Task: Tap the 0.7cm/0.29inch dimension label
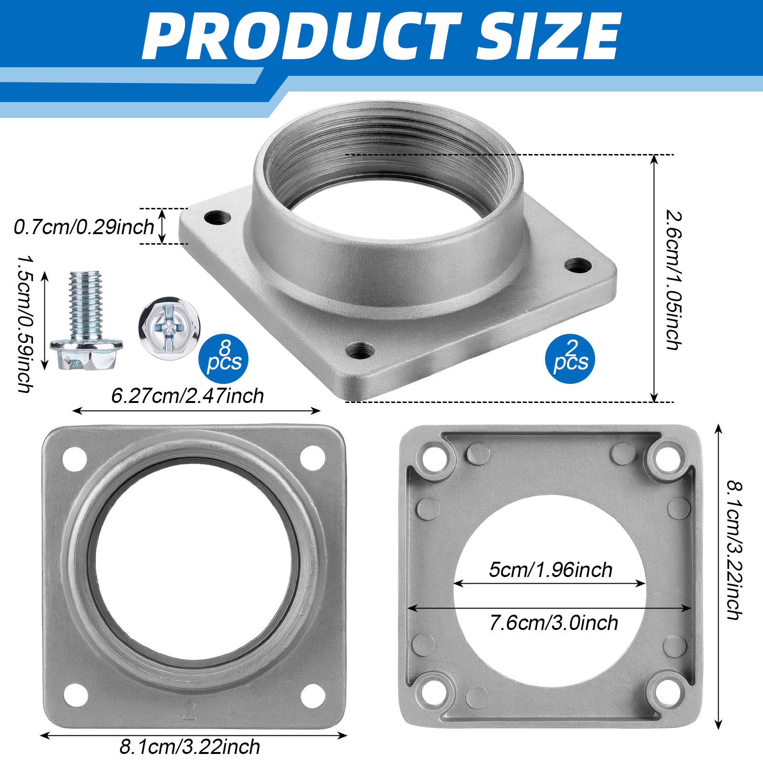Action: pyautogui.click(x=84, y=227)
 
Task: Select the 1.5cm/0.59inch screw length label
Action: pyautogui.click(x=25, y=324)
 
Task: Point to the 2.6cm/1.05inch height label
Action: pyautogui.click(x=673, y=280)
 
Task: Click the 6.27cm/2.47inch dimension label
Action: pyautogui.click(x=187, y=396)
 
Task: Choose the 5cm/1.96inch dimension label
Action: pyautogui.click(x=551, y=570)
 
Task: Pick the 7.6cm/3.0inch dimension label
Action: pyautogui.click(x=554, y=623)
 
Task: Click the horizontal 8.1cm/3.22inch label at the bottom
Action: pyautogui.click(x=190, y=747)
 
